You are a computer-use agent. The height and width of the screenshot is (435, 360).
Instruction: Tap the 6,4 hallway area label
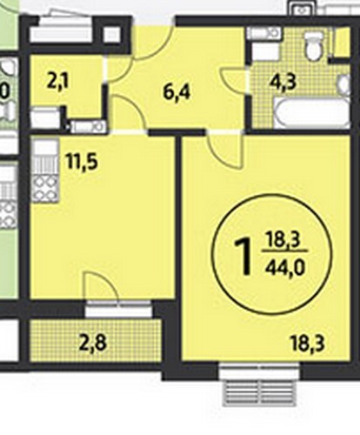(x=177, y=92)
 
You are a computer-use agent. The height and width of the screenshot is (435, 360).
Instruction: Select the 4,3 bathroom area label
(x=283, y=82)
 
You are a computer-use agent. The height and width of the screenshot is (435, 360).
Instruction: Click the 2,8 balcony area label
(x=94, y=343)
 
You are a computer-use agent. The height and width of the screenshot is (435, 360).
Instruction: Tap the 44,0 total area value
(x=284, y=267)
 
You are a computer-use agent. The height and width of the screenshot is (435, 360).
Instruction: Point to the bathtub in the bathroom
(x=311, y=112)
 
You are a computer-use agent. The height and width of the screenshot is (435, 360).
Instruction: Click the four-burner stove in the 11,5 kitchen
(x=45, y=188)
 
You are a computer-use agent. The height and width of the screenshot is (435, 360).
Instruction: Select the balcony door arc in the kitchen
(x=101, y=285)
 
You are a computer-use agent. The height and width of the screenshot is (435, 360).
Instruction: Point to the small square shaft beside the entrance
(x=112, y=35)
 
